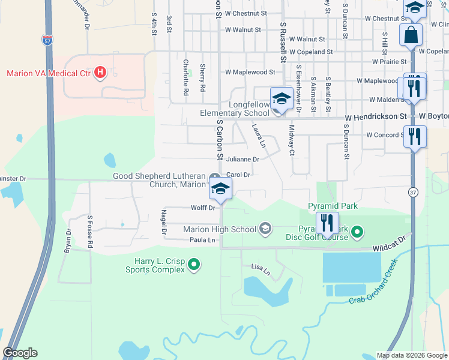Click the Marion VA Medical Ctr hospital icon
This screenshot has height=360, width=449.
click(x=101, y=73)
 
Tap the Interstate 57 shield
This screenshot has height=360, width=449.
click(x=47, y=40)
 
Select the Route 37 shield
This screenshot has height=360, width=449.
click(x=412, y=192)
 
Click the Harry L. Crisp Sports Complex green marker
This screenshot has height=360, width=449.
click(x=194, y=263)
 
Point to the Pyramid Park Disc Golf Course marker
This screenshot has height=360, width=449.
click(x=357, y=231)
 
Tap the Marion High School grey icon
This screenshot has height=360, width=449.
click(x=265, y=228)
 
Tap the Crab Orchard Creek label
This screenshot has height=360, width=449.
click(x=373, y=281)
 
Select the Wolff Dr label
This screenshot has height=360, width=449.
click(x=203, y=208)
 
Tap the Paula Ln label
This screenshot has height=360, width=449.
click(x=202, y=240)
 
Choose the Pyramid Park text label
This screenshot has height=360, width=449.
click(x=333, y=206)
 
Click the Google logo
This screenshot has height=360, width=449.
click(x=20, y=353)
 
